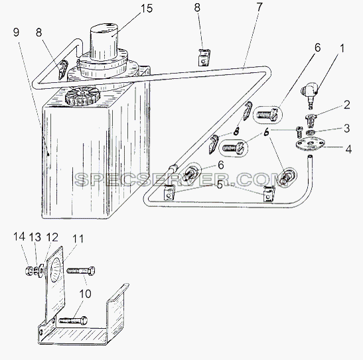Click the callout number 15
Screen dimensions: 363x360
[x=147, y=9]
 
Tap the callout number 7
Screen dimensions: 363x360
[x=259, y=7]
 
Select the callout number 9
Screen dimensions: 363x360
[x=16, y=32]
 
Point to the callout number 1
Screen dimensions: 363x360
[x=342, y=48]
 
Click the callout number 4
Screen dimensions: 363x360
[x=348, y=149]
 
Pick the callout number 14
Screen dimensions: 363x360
[x=19, y=237]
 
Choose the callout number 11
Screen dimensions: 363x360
[x=78, y=239]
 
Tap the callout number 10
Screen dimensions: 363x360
[x=85, y=294]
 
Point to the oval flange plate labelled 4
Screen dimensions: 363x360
[x=310, y=145]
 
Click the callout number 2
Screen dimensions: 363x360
[x=347, y=105]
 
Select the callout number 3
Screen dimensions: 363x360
[x=346, y=128]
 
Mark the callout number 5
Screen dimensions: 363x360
[x=219, y=184]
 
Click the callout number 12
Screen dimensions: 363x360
[x=52, y=237]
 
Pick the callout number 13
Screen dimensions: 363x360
[x=35, y=237]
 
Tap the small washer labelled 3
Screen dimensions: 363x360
[x=310, y=133]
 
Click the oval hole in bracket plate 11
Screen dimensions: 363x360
[x=56, y=270]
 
